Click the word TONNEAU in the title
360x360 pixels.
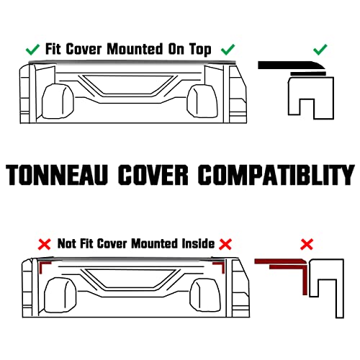tap(57, 174)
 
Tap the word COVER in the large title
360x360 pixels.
tap(153, 174)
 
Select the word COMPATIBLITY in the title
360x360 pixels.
tap(276, 174)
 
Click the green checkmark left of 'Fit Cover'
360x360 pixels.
tap(32, 50)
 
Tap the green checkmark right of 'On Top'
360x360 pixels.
tap(228, 50)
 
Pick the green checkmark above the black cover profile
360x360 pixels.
tap(320, 50)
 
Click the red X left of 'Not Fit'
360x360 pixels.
tap(45, 244)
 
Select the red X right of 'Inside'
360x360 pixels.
tap(225, 244)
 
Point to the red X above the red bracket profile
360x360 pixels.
tap(307, 244)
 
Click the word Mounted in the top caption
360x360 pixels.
tap(135, 49)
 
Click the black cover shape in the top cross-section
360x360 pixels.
tap(292, 66)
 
